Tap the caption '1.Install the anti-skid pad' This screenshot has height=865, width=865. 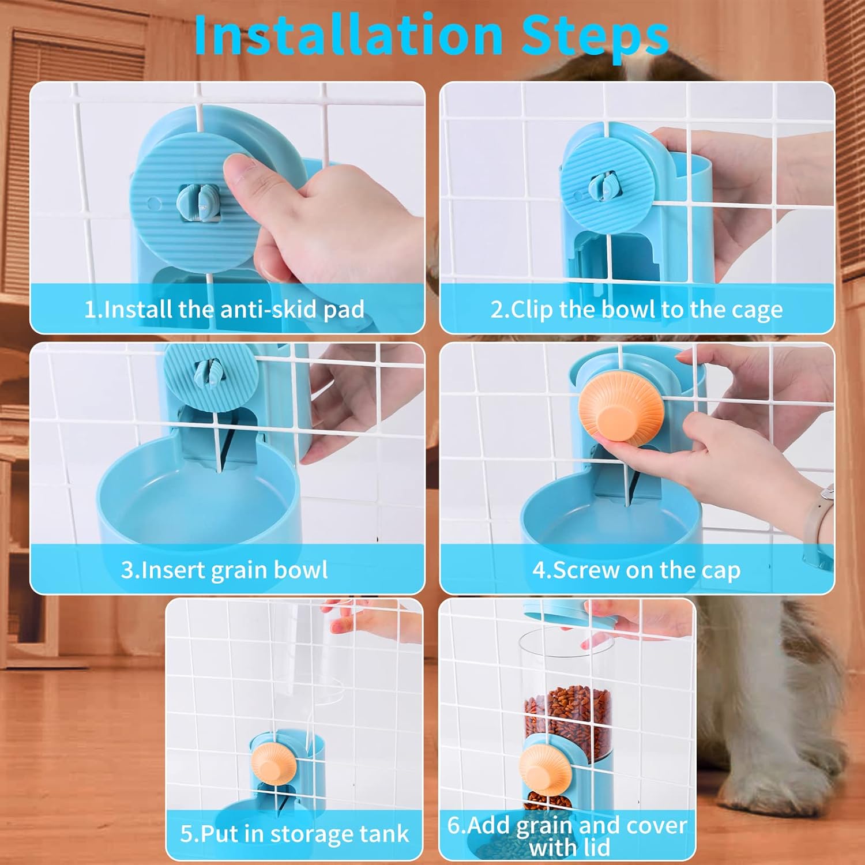point(224,310)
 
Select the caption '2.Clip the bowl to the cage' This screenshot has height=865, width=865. point(637,310)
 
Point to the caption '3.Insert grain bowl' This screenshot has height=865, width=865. point(224,570)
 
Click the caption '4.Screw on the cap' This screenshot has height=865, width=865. point(637,570)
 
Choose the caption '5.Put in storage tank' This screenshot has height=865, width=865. point(294,834)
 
